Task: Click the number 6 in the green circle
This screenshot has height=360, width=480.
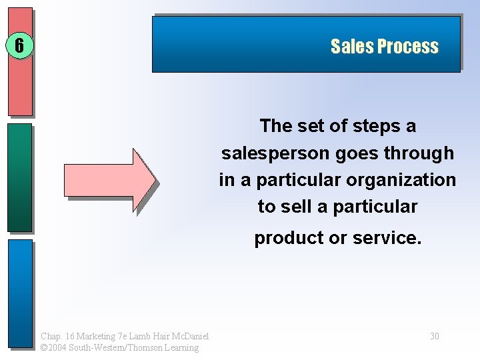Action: tap(19, 46)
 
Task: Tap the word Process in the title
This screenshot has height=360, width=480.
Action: tap(407, 47)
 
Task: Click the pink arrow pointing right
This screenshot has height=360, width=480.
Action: tap(109, 179)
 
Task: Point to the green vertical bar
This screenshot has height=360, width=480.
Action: tap(20, 177)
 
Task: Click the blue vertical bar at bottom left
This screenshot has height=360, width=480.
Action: tap(20, 293)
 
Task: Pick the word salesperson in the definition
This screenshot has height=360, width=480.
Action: tap(275, 153)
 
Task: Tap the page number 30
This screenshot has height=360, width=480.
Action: tap(434, 336)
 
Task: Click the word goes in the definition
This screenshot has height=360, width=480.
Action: tap(354, 153)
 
